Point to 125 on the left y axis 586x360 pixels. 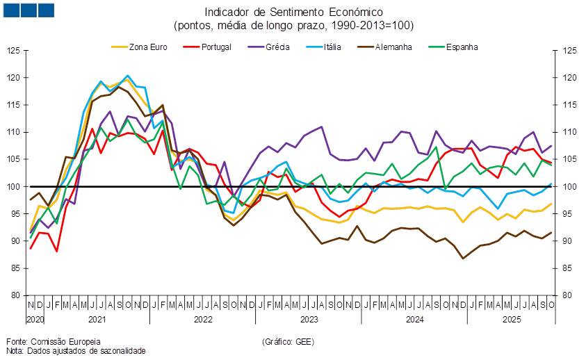[14, 51]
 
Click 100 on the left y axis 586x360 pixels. [14, 186]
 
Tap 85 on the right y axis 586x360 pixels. [569, 268]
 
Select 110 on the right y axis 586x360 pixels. [569, 132]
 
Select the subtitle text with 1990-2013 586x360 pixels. [293, 26]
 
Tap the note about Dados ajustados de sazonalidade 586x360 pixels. [75, 351]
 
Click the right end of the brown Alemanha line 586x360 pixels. [552, 233]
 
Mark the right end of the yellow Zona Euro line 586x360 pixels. [552, 204]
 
